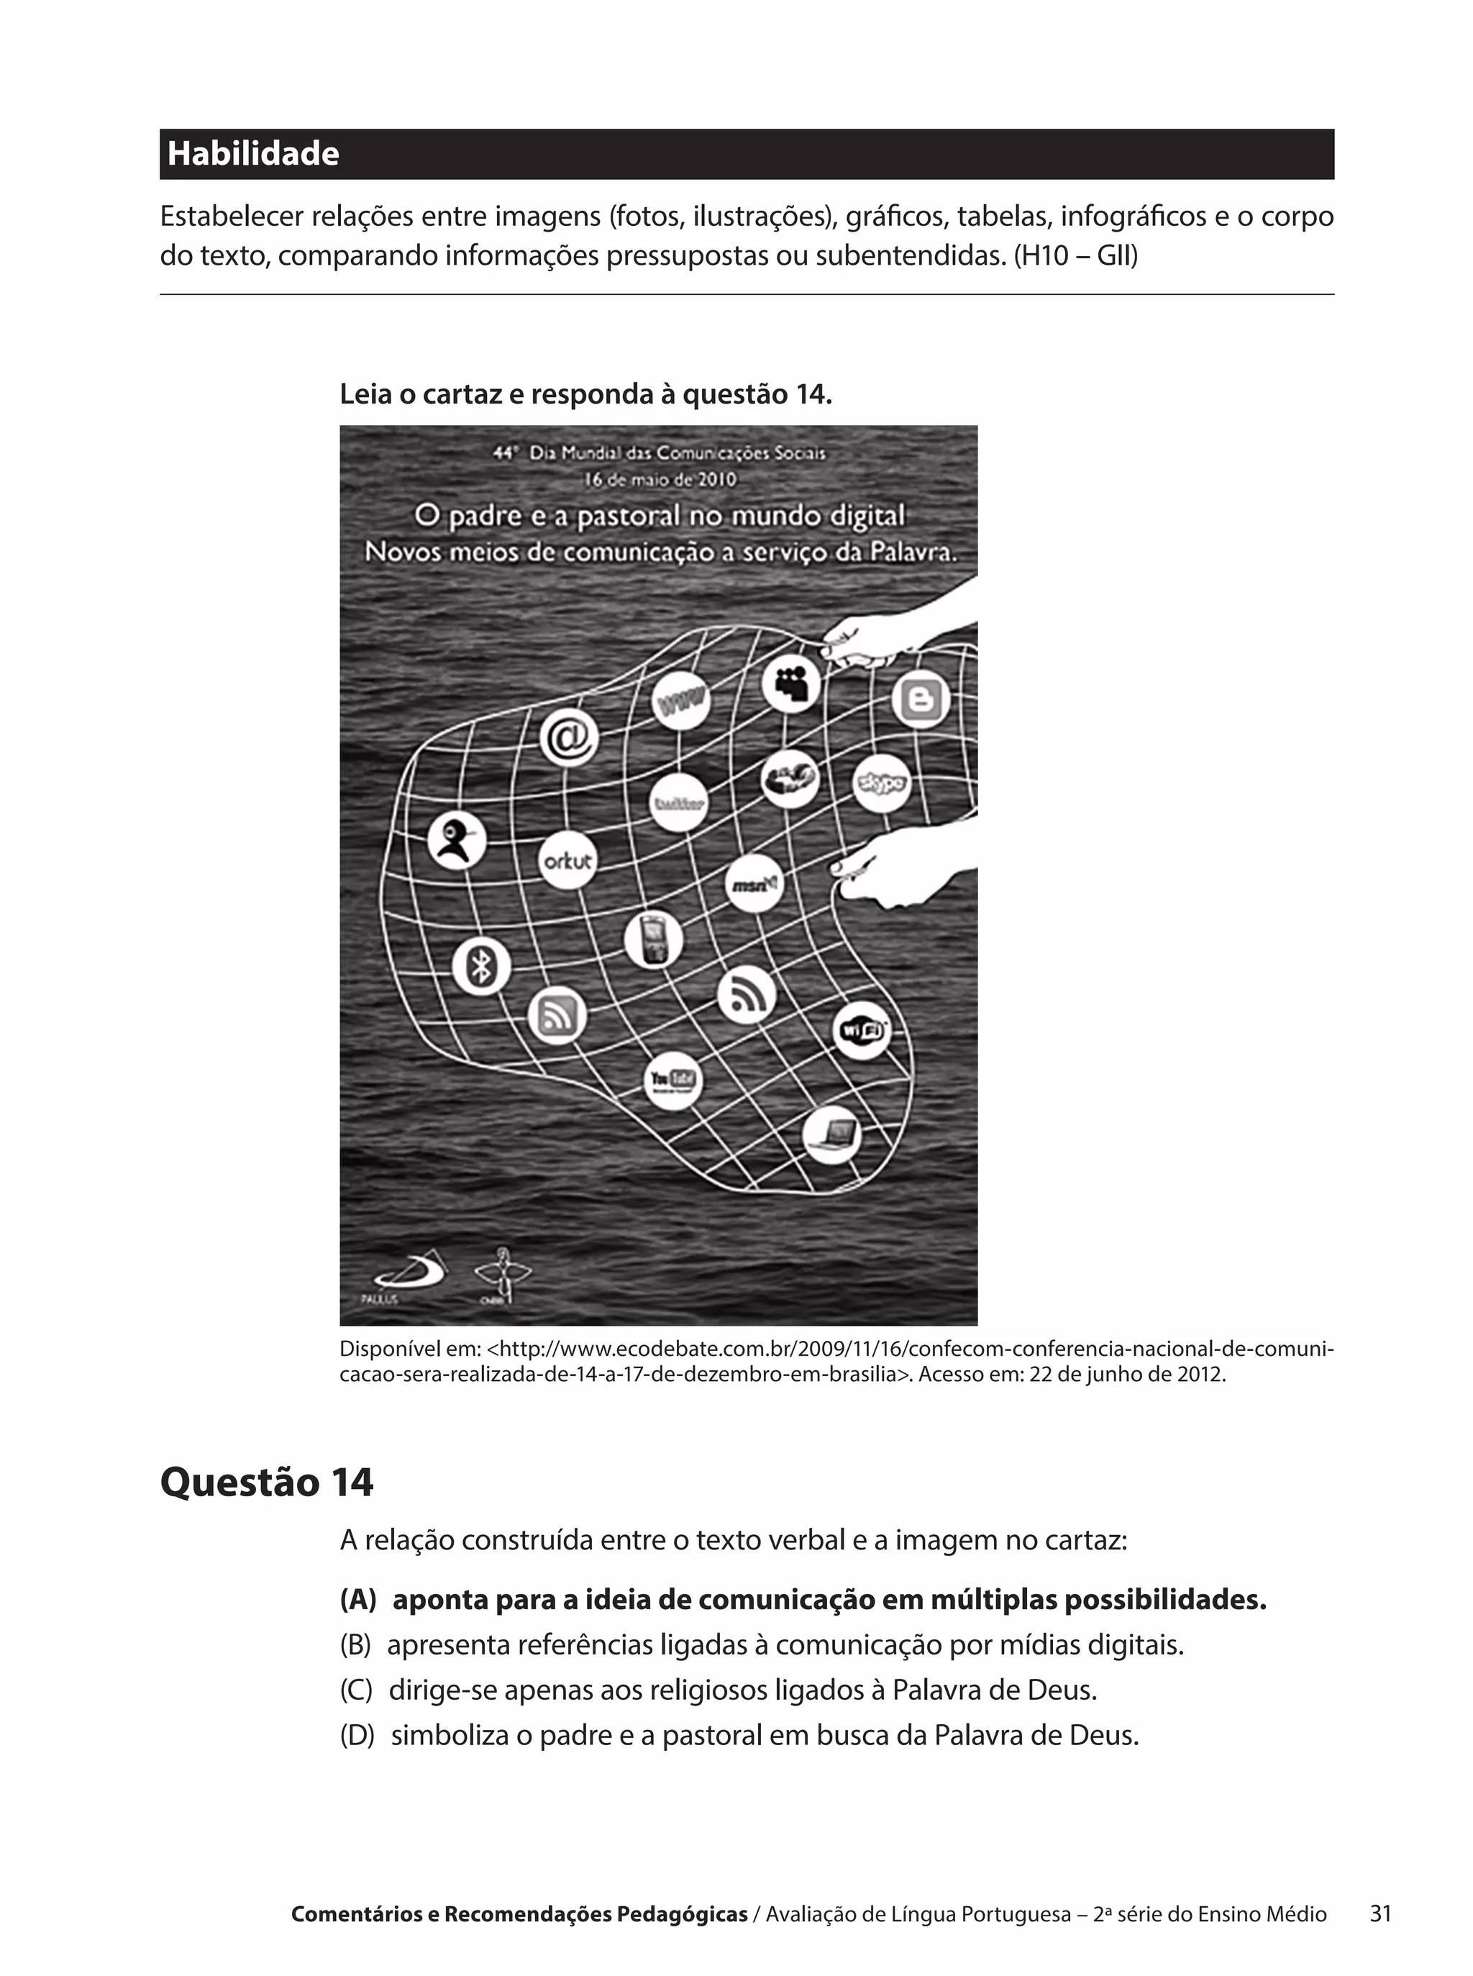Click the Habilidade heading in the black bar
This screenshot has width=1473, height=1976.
[253, 154]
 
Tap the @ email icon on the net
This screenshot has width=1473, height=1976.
[569, 739]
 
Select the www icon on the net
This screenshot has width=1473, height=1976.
[681, 702]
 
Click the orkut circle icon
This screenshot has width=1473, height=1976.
[568, 861]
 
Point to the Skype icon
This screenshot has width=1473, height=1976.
[882, 783]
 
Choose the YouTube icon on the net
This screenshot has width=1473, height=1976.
[673, 1080]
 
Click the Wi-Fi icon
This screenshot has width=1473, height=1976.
[862, 1031]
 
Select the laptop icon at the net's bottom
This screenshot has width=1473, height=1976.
[832, 1135]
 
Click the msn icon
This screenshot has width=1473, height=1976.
[755, 883]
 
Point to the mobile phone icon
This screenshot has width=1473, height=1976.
[654, 941]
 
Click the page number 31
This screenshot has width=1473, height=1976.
[1380, 1913]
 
